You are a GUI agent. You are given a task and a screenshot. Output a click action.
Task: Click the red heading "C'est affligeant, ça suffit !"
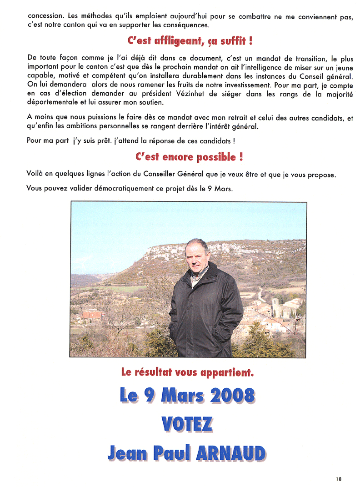(x=190, y=41)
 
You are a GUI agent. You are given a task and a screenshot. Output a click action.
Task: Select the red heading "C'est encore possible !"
(x=189, y=157)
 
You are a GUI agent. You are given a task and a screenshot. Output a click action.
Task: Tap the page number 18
(x=339, y=478)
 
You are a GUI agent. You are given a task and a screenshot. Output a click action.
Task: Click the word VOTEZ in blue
(x=187, y=424)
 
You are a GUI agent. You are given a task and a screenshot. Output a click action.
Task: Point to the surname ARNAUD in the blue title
(x=230, y=453)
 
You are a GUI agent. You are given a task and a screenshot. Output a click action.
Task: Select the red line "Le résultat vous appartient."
(x=187, y=372)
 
